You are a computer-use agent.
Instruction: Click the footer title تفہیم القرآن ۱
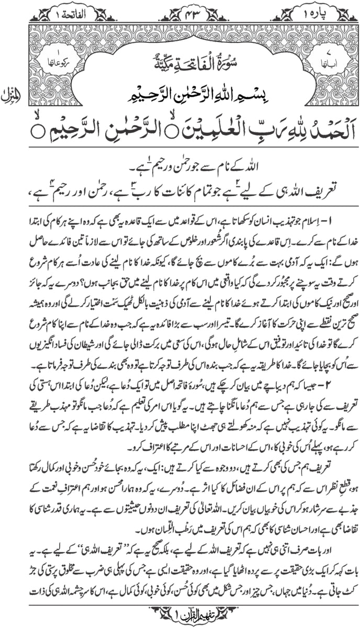point(180,618)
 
